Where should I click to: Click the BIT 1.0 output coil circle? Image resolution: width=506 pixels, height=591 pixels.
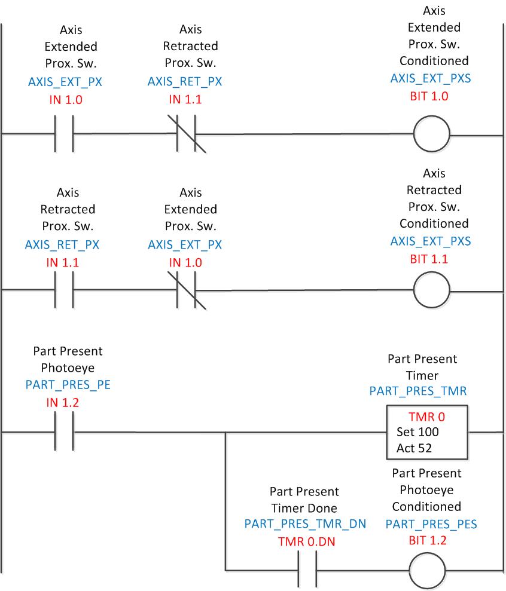click(x=431, y=134)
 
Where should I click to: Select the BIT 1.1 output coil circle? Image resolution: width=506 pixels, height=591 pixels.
click(x=431, y=290)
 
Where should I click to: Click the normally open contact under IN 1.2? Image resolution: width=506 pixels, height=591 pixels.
click(x=64, y=431)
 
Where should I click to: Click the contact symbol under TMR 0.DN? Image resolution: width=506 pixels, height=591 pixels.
click(x=307, y=571)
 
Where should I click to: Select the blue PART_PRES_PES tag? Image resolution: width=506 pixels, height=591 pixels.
click(x=431, y=524)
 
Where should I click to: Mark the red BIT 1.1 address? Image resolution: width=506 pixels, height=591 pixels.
click(x=429, y=259)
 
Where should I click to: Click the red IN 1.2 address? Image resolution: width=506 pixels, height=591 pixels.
click(x=64, y=403)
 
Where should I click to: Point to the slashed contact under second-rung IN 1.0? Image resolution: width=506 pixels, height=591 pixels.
click(x=188, y=290)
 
